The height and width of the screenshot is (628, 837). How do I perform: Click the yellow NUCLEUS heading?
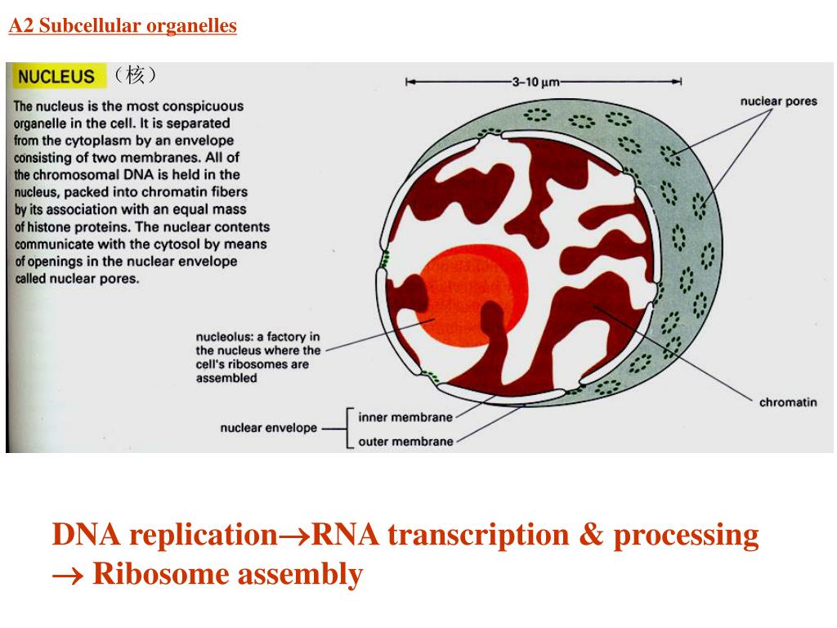coord(56,77)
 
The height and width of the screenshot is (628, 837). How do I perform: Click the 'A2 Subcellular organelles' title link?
coord(123,26)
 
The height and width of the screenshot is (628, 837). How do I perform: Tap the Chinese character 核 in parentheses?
coord(135,76)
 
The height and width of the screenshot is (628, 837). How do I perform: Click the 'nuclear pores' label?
coord(778,101)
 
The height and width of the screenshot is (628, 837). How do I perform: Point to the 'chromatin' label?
coord(787,402)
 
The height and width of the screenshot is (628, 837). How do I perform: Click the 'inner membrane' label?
coord(405,417)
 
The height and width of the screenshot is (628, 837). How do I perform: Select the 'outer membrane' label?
coord(405,442)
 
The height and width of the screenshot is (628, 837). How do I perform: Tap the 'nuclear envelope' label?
coord(268,428)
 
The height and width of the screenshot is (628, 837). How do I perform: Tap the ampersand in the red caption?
coord(594,536)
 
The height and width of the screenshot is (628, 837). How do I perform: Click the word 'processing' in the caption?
coord(687,536)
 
